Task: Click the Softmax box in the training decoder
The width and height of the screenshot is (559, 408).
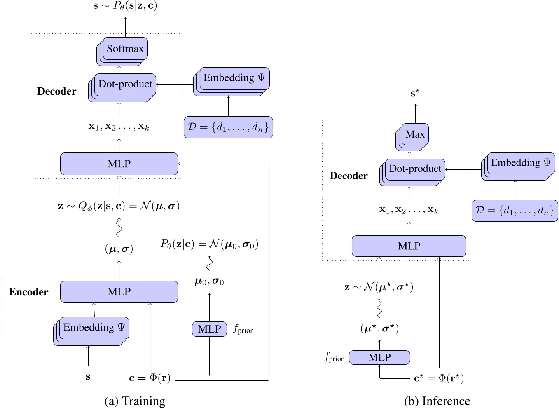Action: point(125,49)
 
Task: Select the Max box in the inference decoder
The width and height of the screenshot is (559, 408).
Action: point(415,134)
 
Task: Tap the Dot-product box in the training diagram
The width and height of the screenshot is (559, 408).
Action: point(125,84)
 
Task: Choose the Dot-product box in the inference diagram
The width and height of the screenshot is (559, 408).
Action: point(415,169)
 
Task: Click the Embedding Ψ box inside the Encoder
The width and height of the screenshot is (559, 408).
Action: point(94,328)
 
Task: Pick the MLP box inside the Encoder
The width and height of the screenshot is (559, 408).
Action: point(119,292)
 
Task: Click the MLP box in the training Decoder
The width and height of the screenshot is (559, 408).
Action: point(119,164)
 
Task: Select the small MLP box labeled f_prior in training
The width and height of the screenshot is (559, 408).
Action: point(209,329)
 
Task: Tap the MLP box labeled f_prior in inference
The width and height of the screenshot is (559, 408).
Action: point(379,357)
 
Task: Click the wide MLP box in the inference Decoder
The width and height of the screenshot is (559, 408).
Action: point(409,246)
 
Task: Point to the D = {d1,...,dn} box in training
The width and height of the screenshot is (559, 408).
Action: point(228,127)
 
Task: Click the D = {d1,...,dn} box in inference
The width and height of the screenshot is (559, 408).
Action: point(515,211)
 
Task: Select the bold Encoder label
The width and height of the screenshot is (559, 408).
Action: point(28,292)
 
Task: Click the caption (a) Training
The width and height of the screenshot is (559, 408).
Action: point(135,401)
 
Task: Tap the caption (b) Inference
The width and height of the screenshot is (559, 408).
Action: point(437,401)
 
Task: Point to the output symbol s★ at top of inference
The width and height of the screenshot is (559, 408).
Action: point(415,94)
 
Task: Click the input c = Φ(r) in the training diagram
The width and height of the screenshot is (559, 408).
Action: point(150,378)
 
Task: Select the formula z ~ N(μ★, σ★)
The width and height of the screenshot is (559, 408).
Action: point(379,287)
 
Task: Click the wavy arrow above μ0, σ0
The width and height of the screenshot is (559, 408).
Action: point(210,263)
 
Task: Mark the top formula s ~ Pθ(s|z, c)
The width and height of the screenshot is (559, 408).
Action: point(125,6)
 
